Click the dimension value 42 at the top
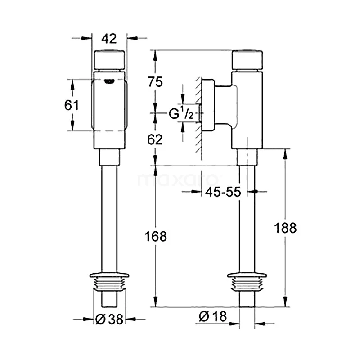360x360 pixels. tap(108, 39)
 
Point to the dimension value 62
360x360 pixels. tap(155, 139)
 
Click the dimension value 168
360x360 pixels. tap(155, 236)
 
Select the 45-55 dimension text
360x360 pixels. tap(223, 192)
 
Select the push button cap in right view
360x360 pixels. tap(247, 60)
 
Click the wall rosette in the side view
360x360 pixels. tap(207, 106)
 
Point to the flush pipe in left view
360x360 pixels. tap(108, 216)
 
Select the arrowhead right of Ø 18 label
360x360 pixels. tap(259, 323)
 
